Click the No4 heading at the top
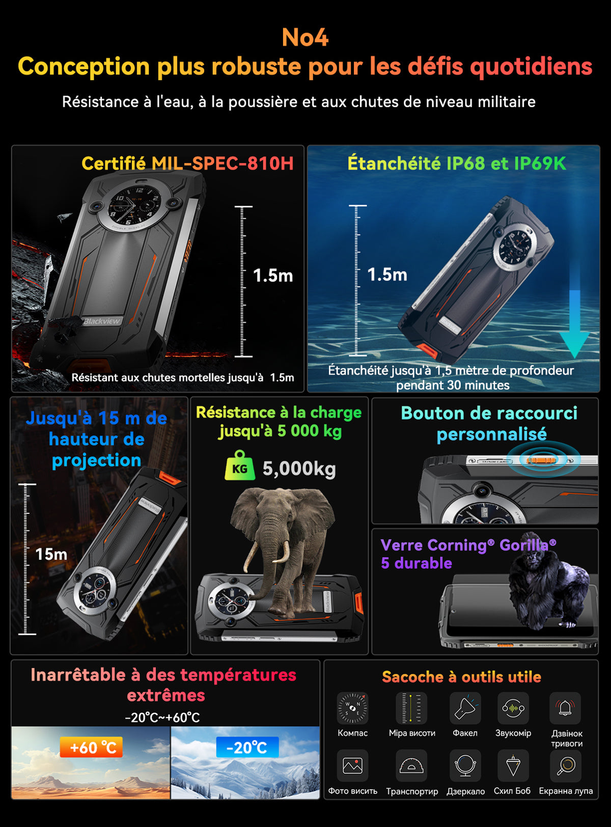305,37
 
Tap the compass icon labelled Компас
352,708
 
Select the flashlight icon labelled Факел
465,708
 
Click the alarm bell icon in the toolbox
565,708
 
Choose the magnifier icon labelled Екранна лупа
566,765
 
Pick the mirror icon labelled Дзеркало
465,765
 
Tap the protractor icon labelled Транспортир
411,765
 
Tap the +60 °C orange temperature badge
91,747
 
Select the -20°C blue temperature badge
247,747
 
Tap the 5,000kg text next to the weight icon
299,468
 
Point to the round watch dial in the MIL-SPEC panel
134,207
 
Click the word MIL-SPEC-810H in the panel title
223,163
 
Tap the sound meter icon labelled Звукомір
513,708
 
